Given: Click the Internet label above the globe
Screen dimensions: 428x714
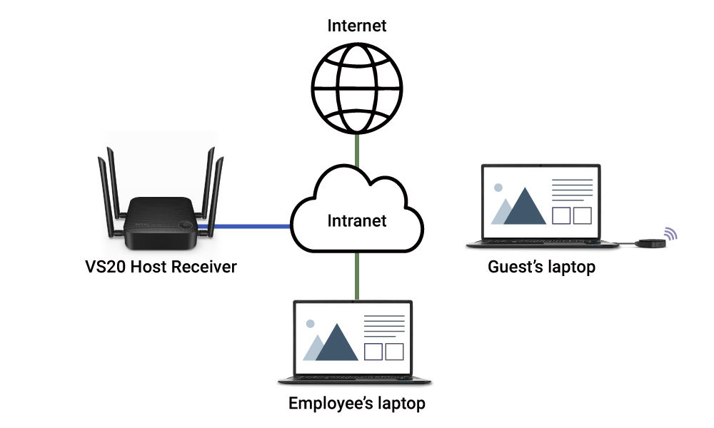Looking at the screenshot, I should tap(356, 26).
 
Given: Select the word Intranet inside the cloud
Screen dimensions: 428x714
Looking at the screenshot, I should tap(356, 220).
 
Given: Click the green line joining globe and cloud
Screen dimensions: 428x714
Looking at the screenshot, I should tap(356, 152).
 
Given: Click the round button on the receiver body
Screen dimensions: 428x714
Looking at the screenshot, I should tap(186, 223).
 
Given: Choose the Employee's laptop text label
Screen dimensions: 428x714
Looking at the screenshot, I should tap(356, 404).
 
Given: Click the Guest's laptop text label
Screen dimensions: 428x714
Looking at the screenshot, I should tap(541, 267).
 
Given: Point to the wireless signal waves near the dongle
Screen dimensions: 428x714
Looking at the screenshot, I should tap(670, 233).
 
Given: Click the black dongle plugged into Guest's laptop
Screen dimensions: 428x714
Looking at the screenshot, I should tap(650, 243).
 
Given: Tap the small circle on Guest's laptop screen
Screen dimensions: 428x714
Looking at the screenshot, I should tap(498, 188).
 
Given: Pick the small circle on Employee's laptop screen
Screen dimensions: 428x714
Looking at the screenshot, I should tap(310, 323).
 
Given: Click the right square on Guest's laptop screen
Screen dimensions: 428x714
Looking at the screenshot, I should tap(583, 215).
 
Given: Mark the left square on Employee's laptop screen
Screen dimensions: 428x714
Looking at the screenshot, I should tap(373, 352).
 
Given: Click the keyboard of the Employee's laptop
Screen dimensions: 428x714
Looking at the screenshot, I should tap(350, 377).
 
